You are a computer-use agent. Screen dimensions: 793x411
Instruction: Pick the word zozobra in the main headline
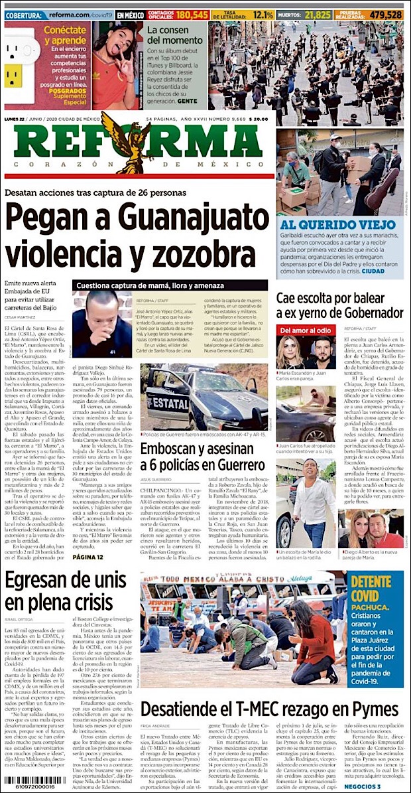tap(202, 255)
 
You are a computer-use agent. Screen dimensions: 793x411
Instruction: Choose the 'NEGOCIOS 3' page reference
tap(380, 786)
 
